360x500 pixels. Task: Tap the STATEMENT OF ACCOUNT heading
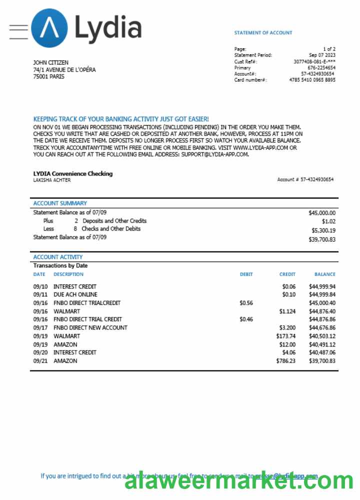[x=263, y=33]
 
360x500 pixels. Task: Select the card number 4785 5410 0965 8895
[x=312, y=80]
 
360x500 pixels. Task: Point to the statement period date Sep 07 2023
[x=322, y=55]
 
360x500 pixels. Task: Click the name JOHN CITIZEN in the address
[x=50, y=62]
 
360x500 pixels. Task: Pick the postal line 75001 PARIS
[x=48, y=76]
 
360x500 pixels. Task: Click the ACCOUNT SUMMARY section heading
[x=60, y=203]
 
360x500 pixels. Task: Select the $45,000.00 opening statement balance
[x=322, y=212]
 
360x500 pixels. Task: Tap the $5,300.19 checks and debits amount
[x=323, y=230]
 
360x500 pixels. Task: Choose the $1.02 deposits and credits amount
[x=328, y=221]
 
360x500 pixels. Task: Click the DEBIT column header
[x=246, y=274]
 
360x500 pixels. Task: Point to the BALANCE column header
[x=324, y=274]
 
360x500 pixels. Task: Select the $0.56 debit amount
[x=246, y=303]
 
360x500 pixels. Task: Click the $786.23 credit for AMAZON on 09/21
[x=285, y=360]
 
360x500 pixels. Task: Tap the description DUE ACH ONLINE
[x=75, y=295]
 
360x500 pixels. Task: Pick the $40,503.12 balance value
[x=322, y=336]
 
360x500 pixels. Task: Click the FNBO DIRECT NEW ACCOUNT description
[x=90, y=327]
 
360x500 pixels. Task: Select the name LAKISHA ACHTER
[x=51, y=180]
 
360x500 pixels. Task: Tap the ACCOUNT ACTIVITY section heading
[x=58, y=257]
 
